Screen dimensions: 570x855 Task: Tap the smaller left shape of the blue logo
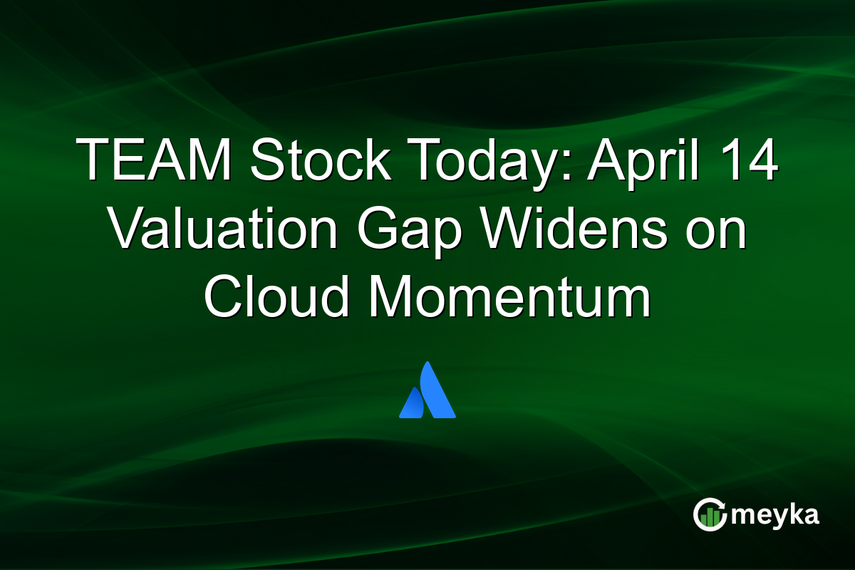(412, 403)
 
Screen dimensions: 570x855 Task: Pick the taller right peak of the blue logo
(436, 388)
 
